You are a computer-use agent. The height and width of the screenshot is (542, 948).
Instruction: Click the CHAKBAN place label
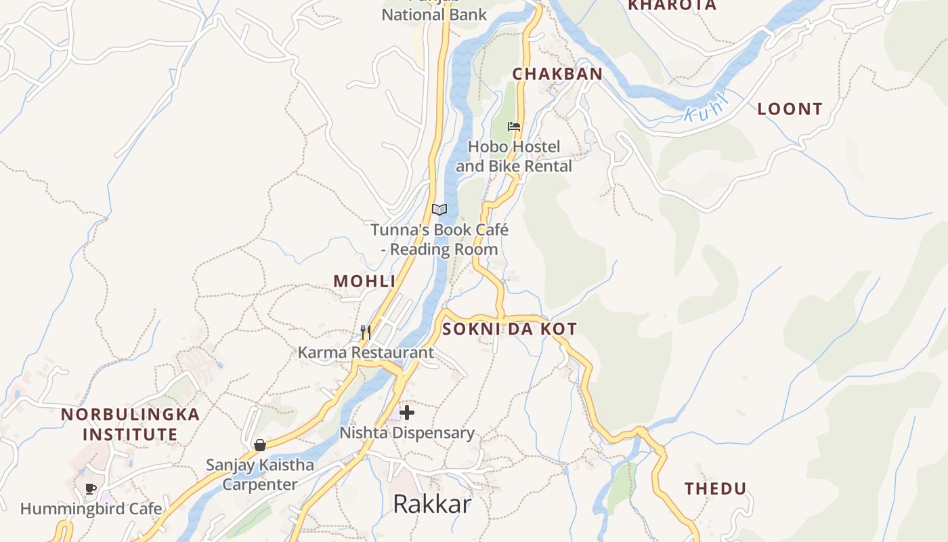pos(557,74)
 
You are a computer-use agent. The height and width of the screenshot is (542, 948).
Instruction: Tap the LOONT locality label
pos(790,109)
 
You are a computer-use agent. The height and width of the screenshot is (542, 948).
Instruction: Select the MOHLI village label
pos(364,281)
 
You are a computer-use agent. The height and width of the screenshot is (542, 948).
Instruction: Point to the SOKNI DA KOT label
pos(509,329)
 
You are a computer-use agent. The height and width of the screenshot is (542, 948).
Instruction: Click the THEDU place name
pos(715,488)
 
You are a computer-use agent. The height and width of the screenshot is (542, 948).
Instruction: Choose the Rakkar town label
pos(432,504)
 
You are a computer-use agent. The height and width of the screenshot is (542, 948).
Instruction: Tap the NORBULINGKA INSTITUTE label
pos(130,424)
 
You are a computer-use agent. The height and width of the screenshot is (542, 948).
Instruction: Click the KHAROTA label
pos(672,5)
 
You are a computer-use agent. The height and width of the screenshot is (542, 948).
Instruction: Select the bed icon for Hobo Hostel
pos(514,127)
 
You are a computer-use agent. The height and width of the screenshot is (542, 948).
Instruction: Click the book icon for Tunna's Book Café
pos(439,209)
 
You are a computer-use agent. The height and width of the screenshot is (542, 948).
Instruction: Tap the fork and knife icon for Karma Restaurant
pos(366,332)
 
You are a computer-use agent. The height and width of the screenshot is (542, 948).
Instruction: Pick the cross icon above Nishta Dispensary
pos(407,412)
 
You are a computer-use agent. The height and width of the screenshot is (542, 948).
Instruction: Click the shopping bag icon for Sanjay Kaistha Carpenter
pos(259,445)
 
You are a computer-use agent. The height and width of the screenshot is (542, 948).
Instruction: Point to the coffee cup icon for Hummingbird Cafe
pos(91,488)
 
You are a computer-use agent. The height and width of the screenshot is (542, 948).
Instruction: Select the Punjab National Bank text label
pos(434,14)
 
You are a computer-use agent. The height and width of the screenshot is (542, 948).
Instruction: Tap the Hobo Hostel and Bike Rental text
pos(514,157)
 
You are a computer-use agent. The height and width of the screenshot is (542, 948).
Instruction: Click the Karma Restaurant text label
pos(366,352)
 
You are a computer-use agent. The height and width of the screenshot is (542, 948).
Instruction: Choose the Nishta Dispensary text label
pos(407,432)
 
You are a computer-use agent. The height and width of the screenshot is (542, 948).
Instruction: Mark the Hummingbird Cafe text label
pos(91,509)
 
